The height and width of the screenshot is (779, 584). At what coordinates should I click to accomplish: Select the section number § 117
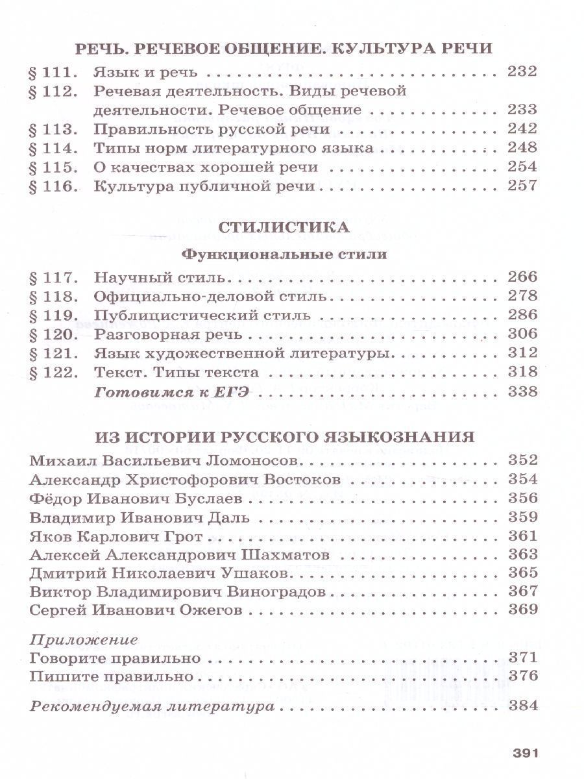click(x=54, y=278)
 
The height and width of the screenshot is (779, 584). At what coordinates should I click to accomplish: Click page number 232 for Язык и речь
click(x=523, y=71)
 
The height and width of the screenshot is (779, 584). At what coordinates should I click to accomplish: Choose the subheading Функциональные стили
click(x=284, y=254)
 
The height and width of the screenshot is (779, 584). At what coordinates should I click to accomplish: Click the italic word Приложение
click(x=84, y=639)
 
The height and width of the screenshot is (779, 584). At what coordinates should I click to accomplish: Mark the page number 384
click(x=523, y=706)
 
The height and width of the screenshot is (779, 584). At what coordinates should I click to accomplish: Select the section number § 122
click(x=54, y=373)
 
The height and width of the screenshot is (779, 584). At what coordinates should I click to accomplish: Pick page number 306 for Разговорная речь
click(x=523, y=335)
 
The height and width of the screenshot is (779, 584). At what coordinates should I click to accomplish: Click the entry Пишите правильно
click(x=112, y=676)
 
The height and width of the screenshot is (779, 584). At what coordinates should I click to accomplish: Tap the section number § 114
click(x=54, y=148)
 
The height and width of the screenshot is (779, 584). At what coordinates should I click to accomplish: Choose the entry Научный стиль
click(x=158, y=278)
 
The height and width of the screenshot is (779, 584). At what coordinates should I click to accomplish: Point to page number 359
click(x=523, y=518)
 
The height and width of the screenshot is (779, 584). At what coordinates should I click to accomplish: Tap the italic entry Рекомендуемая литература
click(x=151, y=706)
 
